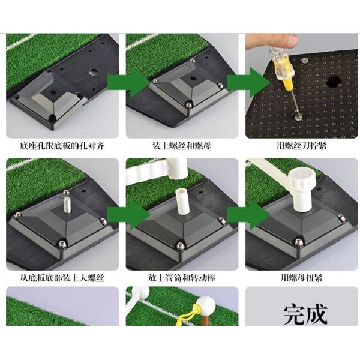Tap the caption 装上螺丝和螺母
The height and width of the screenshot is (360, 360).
point(182,146)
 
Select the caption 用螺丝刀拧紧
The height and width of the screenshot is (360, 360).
point(301,146)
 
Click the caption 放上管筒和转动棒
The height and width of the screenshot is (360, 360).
point(182,278)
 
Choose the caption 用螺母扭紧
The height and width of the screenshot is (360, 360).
point(301,278)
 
